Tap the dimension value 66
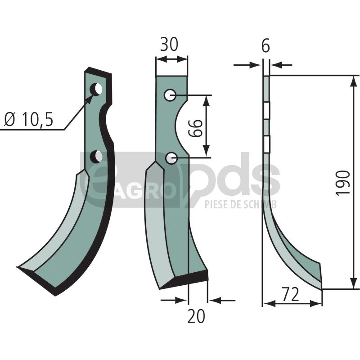click(195, 128)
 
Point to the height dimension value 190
click(343, 183)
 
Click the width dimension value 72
click(290, 294)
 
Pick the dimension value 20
click(196, 316)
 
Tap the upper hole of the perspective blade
click(96, 89)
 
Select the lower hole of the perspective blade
click(96, 156)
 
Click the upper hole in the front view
click(170, 95)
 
